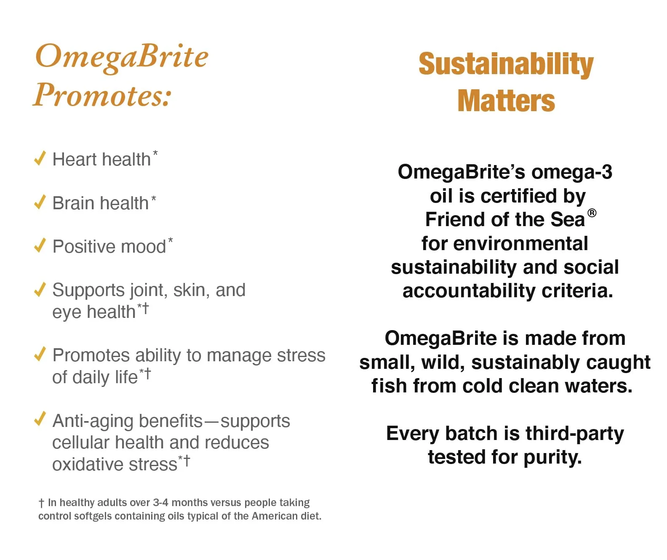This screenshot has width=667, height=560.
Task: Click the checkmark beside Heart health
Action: click(x=40, y=158)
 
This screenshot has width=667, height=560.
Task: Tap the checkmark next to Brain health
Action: click(x=40, y=202)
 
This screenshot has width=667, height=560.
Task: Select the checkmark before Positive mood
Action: click(x=40, y=245)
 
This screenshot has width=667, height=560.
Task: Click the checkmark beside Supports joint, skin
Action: click(x=40, y=289)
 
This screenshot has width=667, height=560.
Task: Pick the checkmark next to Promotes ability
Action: click(x=40, y=354)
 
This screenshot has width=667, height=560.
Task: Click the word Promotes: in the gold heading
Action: click(x=102, y=95)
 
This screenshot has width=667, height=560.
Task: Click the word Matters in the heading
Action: click(x=506, y=101)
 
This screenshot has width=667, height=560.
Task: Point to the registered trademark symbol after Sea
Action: click(x=592, y=213)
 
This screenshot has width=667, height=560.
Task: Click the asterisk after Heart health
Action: click(x=155, y=153)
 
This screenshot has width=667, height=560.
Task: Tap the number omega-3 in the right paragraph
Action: click(x=571, y=172)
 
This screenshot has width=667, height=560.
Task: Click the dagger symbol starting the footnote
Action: click(x=41, y=503)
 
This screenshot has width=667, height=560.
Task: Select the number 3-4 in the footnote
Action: click(x=160, y=502)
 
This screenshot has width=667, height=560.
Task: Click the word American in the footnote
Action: click(x=275, y=516)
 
